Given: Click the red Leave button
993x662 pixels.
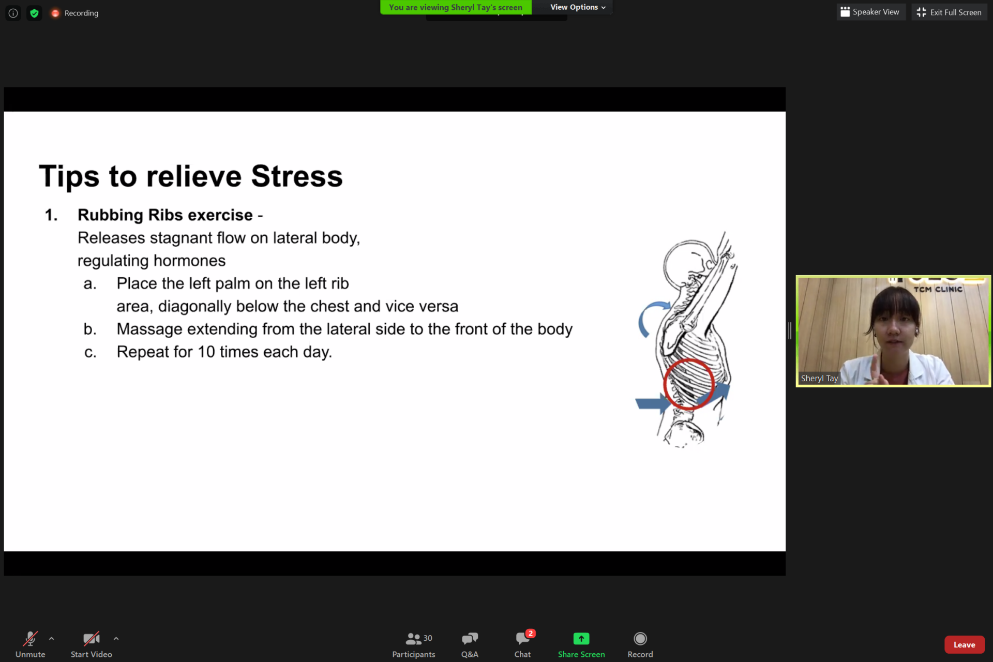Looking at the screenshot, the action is (x=964, y=644).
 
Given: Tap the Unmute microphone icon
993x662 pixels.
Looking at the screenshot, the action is (x=30, y=639).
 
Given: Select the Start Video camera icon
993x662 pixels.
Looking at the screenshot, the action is (x=92, y=639).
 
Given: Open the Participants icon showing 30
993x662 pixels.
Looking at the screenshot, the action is (x=414, y=639).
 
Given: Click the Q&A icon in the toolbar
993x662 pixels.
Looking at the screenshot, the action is (x=470, y=639).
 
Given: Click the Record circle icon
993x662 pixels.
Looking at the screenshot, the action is (x=640, y=639).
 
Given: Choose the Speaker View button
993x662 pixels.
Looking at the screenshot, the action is (x=871, y=12).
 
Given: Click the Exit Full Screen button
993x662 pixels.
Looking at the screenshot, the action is (x=949, y=12).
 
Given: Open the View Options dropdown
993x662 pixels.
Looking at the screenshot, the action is (x=578, y=7).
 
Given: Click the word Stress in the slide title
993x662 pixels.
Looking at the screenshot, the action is (x=297, y=176).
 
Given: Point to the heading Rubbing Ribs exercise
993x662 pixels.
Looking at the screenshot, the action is (x=165, y=215).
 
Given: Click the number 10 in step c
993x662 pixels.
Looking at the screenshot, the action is (x=206, y=352).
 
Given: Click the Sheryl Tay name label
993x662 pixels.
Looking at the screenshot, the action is (x=819, y=378).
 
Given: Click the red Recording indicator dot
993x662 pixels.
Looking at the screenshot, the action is (x=55, y=13).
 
